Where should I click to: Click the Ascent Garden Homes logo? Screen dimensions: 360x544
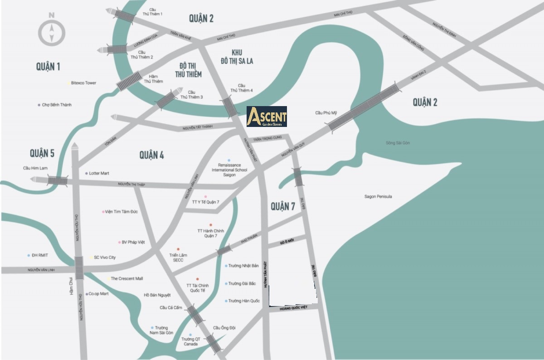tap(267, 117)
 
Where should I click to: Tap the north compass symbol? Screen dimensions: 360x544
tap(52, 32)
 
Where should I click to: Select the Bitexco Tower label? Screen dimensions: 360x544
tap(84, 83)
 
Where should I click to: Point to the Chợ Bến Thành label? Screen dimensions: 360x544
tap(57, 105)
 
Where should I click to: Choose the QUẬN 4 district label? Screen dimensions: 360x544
tap(151, 155)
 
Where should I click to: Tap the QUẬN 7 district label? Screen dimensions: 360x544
tap(283, 207)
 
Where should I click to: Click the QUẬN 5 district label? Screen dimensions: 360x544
tap(42, 153)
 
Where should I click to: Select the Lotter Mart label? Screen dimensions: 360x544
tap(99, 173)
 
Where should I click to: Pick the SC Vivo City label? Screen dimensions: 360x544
tap(105, 258)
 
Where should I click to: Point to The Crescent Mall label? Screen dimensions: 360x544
tap(127, 278)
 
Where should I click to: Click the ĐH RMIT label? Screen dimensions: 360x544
tap(40, 255)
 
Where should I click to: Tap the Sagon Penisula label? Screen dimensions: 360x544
tap(378, 196)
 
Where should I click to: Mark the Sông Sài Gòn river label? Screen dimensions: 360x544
tap(398, 143)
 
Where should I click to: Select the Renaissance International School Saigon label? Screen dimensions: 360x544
tap(229, 170)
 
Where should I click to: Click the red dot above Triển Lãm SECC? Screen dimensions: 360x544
tap(178, 249)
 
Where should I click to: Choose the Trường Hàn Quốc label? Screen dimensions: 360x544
tap(244, 301)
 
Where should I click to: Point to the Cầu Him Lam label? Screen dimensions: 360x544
tap(35, 168)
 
